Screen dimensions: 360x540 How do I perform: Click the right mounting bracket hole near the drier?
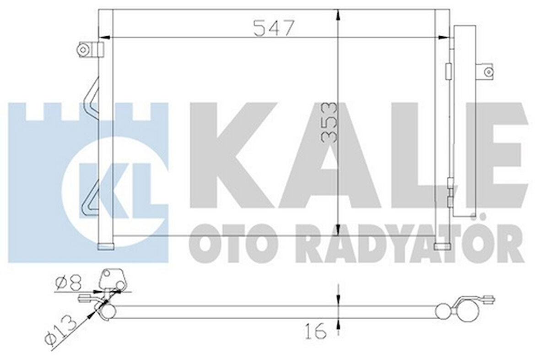point(489,71)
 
